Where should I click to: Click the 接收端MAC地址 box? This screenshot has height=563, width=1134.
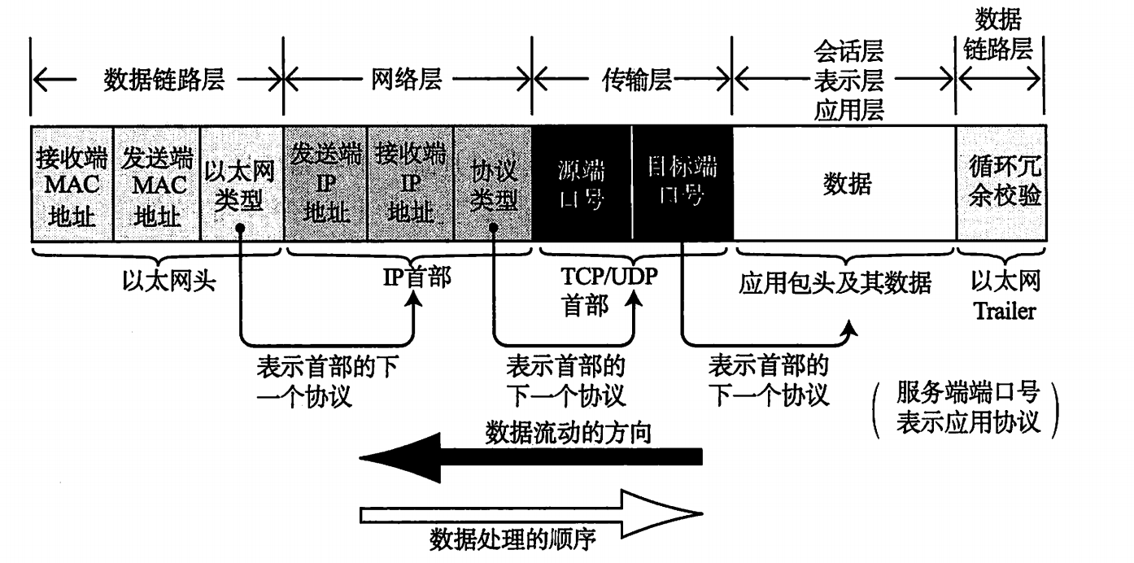[71, 185]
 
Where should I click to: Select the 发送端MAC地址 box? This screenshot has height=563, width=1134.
[156, 185]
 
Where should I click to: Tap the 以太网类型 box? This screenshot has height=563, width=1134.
[241, 185]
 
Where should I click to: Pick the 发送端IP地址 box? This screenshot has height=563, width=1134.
[325, 185]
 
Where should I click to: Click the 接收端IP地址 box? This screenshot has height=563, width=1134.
[411, 185]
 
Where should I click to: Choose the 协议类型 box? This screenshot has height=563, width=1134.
[494, 185]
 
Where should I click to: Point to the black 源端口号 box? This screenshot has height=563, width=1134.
[582, 185]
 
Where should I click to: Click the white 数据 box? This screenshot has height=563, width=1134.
[846, 185]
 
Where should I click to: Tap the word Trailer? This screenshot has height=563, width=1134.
[1005, 311]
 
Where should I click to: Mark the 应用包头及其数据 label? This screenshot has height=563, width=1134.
[835, 283]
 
